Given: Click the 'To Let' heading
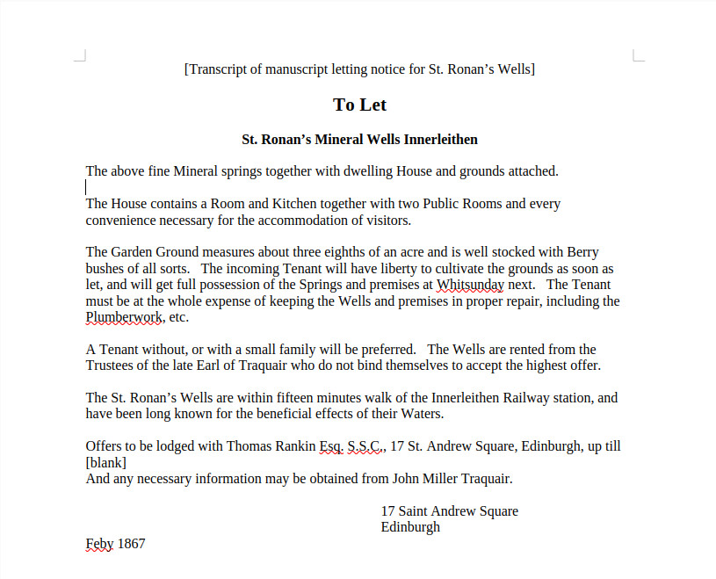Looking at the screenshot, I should pos(359,105).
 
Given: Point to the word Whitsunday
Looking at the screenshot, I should pos(470,285).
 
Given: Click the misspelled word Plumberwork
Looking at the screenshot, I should pos(125,317).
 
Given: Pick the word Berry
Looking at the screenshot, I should pos(583,252).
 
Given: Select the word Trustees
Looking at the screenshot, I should pos(113,365).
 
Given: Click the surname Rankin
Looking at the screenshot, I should pos(293,446).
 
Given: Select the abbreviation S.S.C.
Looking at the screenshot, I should pos(365,446).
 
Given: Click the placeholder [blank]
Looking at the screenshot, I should pos(106,462).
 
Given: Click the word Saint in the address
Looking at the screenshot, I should pos(416,511).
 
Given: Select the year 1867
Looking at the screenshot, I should pos(131,544).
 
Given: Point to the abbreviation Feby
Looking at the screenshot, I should pos(99,544).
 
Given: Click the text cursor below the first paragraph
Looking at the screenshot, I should pos(86,187).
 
